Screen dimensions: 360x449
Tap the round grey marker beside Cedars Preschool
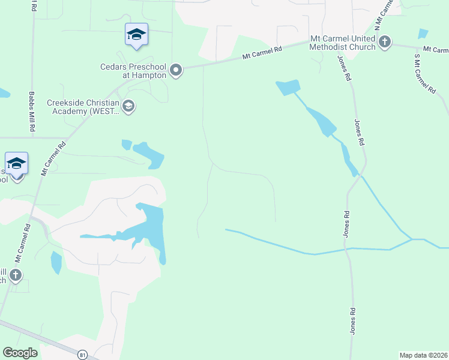(176, 71)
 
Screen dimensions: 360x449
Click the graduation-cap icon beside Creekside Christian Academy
(128, 106)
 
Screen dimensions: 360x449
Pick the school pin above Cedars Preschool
(136, 34)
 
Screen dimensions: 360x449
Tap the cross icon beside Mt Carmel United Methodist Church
(384, 42)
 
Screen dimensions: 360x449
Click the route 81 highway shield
(82, 355)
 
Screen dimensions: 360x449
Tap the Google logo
(20, 353)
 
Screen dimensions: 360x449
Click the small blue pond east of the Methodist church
(423, 34)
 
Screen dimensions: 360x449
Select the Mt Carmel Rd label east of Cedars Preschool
(262, 53)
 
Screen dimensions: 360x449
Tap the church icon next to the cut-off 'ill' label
(16, 275)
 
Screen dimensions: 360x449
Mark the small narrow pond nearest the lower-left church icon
(56, 262)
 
